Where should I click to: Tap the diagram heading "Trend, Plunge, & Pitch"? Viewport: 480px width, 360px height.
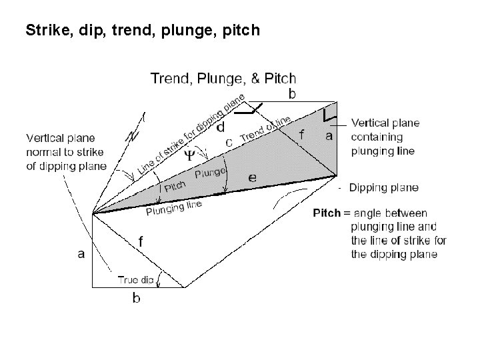(223, 79)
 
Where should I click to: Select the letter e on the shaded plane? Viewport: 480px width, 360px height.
(252, 177)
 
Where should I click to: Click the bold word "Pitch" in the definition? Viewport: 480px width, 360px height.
(327, 213)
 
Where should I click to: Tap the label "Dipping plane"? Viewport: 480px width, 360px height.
(383, 187)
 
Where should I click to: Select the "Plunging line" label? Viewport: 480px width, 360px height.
(173, 209)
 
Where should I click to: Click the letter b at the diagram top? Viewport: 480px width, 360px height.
(292, 94)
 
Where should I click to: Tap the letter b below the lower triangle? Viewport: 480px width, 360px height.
(136, 298)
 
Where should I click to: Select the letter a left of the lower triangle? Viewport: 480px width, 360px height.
(81, 253)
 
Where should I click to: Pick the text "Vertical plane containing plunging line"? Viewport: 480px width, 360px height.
(385, 137)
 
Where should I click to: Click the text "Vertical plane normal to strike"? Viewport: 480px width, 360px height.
(66, 152)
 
